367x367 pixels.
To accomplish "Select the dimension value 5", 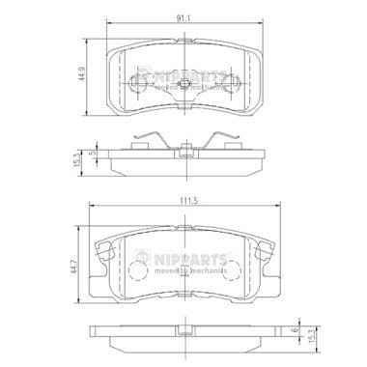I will (93, 153).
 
